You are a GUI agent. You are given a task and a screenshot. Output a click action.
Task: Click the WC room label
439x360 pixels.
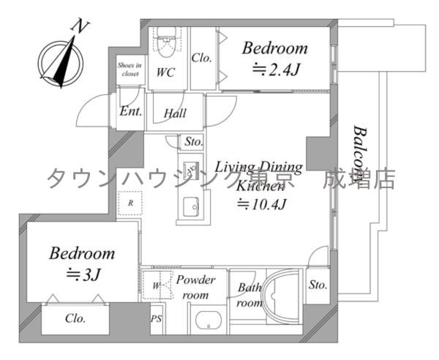[165, 73]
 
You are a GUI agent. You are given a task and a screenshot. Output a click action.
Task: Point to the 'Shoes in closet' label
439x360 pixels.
[129, 69]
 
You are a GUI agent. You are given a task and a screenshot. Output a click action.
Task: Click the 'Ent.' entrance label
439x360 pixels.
[130, 113]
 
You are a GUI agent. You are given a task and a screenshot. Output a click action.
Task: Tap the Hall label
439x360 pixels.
[174, 113]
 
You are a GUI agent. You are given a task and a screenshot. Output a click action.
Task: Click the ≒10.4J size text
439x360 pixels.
[260, 204]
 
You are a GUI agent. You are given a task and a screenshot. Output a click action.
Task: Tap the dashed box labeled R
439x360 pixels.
[130, 203]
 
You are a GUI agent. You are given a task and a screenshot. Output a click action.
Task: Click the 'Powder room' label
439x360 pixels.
[195, 288]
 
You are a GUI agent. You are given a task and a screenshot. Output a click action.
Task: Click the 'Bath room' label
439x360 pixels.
[249, 293]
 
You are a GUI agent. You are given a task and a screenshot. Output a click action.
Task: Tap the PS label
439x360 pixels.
[156, 319]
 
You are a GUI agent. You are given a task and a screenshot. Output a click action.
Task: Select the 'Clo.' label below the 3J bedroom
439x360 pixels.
[75, 319]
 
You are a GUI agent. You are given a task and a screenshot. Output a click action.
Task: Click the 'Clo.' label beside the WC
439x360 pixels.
[202, 59]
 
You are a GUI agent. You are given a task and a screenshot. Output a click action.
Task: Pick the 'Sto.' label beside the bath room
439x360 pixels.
[317, 284]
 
